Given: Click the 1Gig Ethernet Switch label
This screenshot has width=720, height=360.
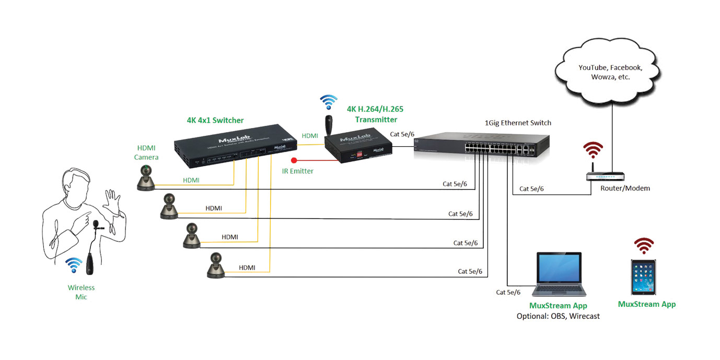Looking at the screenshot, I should point(517,123).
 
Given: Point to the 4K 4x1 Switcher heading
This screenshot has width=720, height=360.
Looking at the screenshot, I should point(215,120).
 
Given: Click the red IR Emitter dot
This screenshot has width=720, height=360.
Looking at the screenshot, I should point(294,160).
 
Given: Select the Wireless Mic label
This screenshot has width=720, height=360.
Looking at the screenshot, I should point(81,292).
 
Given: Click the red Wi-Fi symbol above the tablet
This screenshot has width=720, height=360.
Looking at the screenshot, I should point(644,245).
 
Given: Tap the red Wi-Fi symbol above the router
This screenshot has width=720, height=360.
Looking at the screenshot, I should point(593,150).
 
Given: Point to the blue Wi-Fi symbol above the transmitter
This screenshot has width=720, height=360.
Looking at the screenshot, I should point(329,101).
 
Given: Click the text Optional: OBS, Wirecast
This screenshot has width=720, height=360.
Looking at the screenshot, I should point(558,316).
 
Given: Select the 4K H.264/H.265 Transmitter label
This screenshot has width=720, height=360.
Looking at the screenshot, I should point(375,114).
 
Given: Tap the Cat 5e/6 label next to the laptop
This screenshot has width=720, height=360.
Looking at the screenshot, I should point(508,292).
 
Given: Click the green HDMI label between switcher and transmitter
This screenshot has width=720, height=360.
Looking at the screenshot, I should point(310,136).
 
